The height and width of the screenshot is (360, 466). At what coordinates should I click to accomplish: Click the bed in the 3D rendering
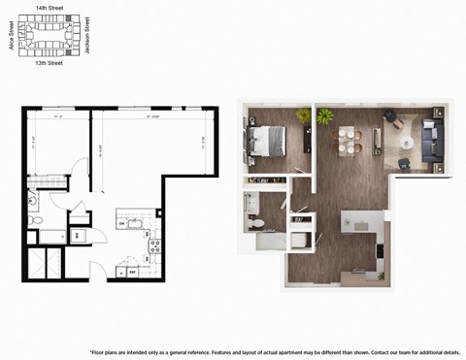pos(264,143)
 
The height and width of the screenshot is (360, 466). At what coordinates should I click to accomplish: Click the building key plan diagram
pos(49,35)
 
